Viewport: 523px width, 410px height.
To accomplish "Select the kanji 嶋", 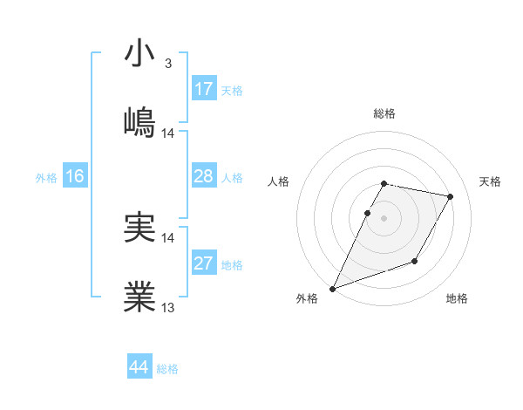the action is click(x=139, y=122).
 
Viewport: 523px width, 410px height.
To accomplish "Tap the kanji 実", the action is click(x=139, y=227).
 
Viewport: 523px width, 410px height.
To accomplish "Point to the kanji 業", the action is click(x=139, y=297).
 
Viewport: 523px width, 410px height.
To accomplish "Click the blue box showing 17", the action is click(x=204, y=89).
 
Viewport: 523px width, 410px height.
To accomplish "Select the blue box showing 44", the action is click(x=139, y=368).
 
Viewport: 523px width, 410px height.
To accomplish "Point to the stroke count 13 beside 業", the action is click(x=168, y=307).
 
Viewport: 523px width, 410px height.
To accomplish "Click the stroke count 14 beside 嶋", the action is click(x=168, y=133).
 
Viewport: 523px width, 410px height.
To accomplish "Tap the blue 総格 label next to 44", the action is click(x=167, y=369).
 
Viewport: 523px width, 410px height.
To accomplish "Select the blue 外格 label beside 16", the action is click(x=46, y=178).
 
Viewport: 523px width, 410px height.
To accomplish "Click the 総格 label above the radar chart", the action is click(x=384, y=113).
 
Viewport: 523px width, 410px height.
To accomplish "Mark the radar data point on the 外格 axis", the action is click(x=332, y=289).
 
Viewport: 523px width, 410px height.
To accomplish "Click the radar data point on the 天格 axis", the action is click(x=451, y=196).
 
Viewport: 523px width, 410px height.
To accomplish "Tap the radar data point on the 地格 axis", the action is click(x=415, y=261).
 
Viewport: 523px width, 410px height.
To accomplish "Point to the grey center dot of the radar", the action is click(x=384, y=218).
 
